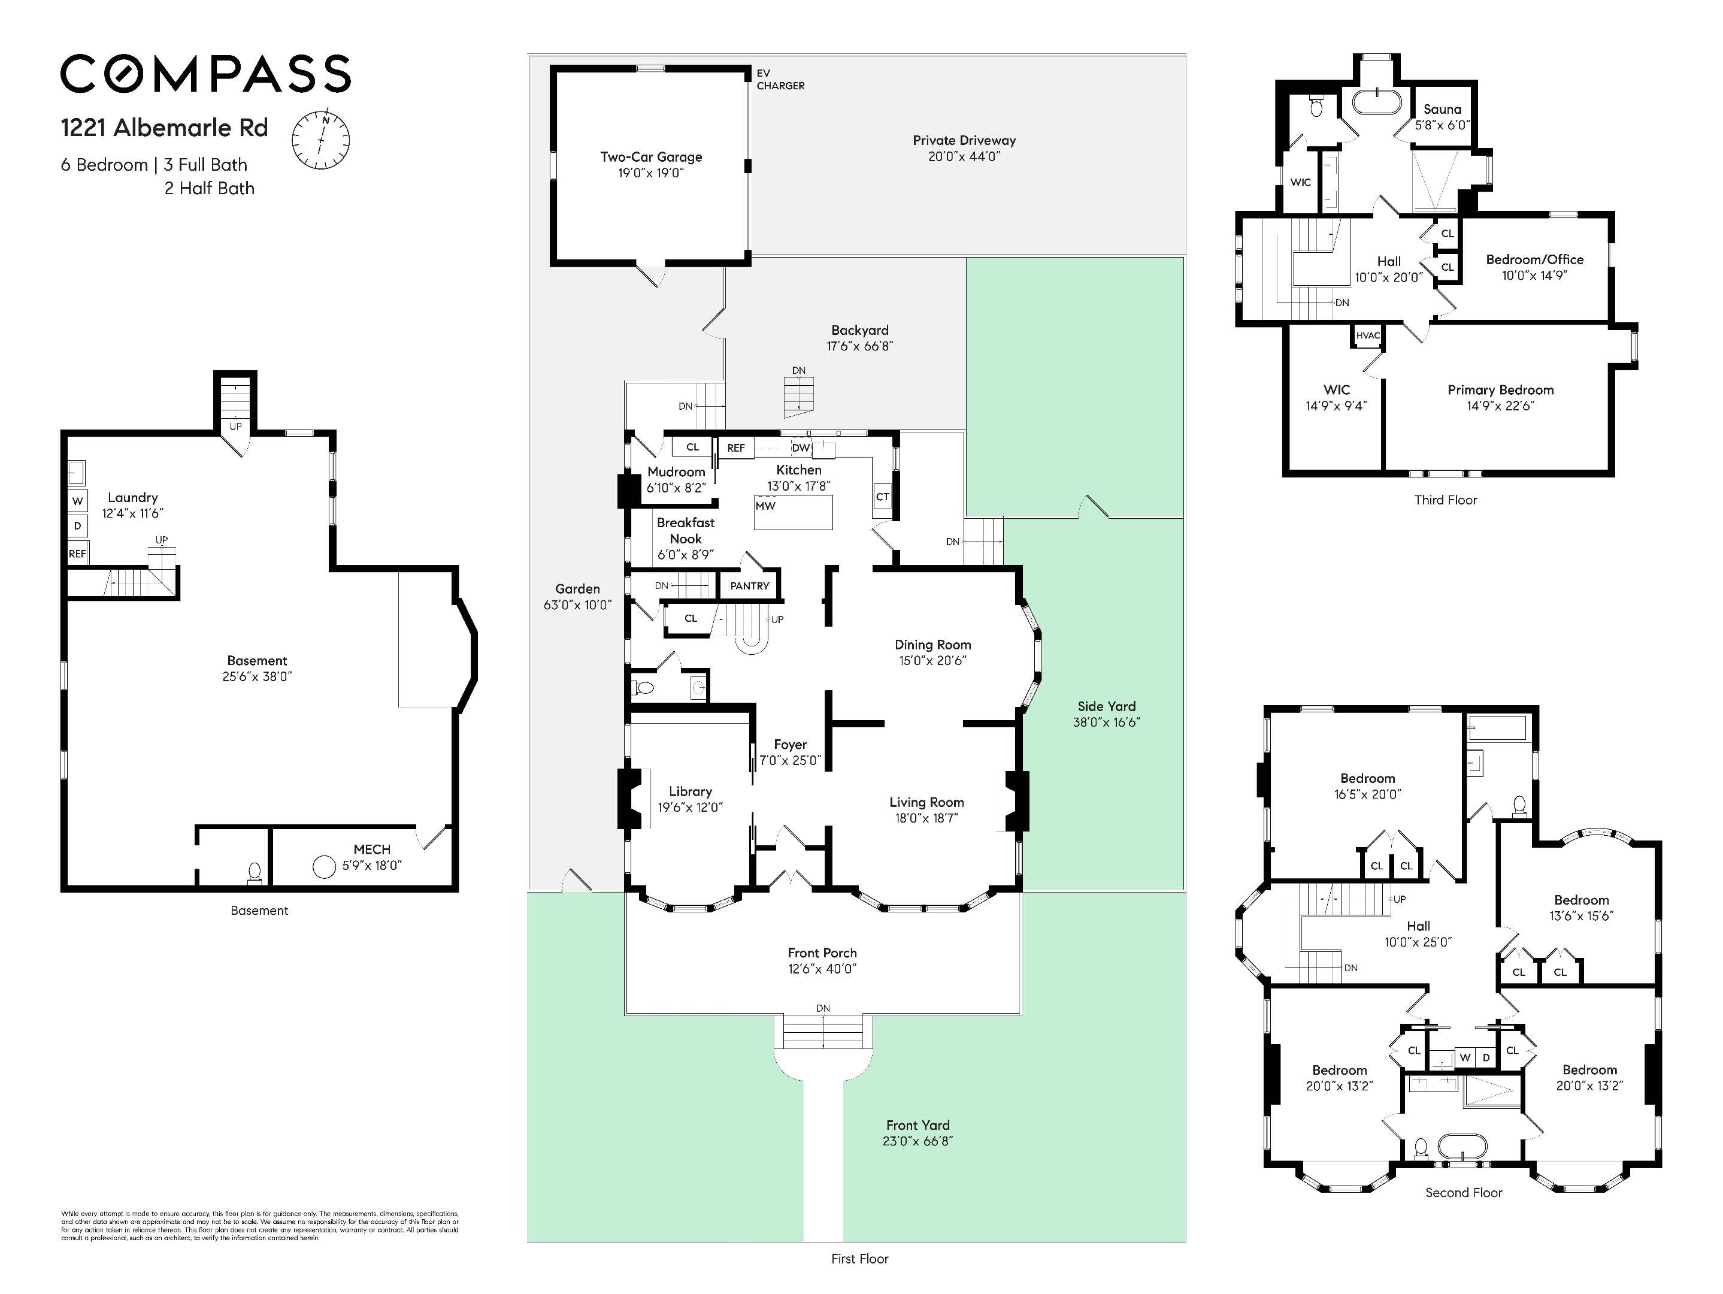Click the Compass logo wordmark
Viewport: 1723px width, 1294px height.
[205, 74]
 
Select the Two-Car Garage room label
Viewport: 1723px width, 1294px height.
[650, 156]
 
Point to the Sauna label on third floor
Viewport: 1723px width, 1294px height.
[1442, 110]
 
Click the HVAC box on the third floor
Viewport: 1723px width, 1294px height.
[1367, 335]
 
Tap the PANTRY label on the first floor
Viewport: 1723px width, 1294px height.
[749, 586]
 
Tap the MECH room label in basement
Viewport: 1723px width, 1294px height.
[371, 849]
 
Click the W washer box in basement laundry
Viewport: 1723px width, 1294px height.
[77, 501]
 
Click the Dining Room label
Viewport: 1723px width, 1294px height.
[932, 644]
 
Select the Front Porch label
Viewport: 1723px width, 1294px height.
[822, 953]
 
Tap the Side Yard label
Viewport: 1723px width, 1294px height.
[1106, 706]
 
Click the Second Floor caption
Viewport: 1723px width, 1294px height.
[1463, 1193]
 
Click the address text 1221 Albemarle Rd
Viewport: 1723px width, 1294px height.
[164, 128]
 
